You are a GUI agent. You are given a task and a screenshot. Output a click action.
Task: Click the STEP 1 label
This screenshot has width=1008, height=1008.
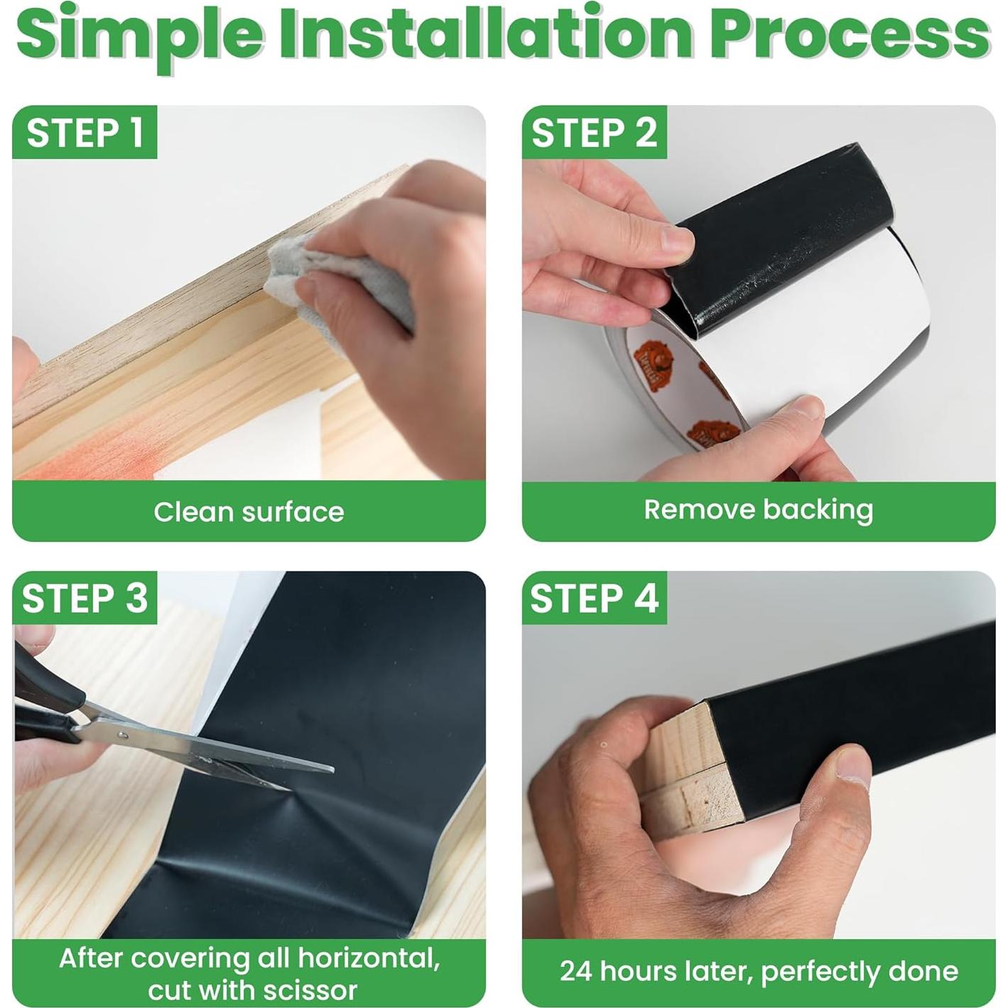point(85,132)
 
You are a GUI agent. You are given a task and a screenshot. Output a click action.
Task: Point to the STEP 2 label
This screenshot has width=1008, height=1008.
point(595,132)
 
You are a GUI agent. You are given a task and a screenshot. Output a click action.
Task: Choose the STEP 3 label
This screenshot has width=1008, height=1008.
point(85,597)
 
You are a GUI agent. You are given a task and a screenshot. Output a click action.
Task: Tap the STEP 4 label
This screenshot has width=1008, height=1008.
point(595,597)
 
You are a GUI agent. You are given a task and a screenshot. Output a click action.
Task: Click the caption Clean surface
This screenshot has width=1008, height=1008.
point(249,511)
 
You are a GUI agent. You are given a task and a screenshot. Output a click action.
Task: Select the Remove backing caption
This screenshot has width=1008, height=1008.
point(759,510)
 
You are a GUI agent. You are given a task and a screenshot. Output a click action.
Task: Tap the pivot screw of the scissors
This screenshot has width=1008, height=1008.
point(122,735)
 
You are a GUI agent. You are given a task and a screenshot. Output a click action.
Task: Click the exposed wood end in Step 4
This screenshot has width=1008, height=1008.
point(690,769)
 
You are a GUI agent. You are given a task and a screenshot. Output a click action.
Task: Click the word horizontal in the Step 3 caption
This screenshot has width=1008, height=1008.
point(369,943)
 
